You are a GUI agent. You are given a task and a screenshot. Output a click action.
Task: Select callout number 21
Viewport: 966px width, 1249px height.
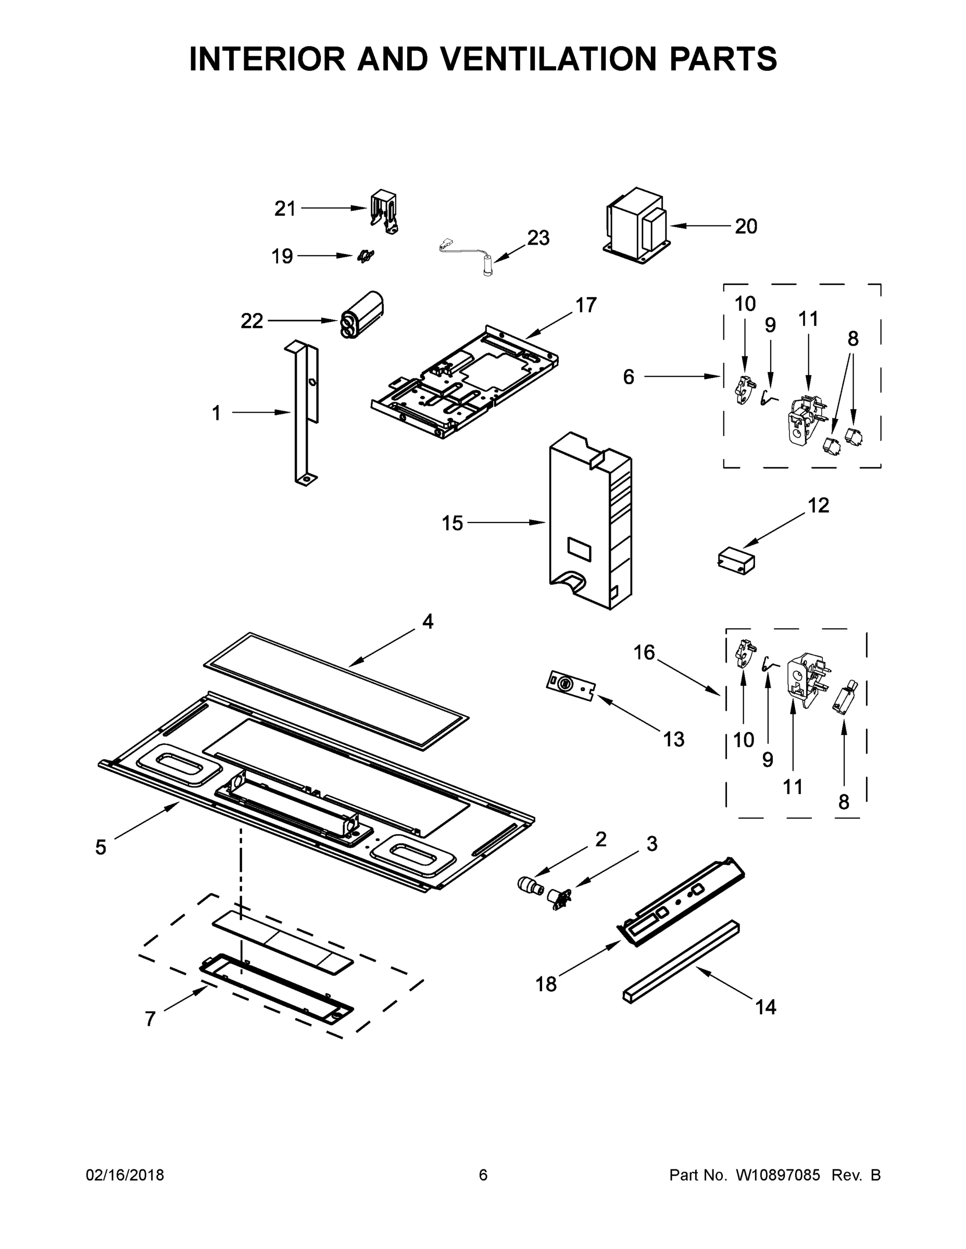pyautogui.click(x=284, y=209)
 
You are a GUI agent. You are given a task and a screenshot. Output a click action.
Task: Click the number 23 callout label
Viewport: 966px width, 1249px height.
pyautogui.click(x=538, y=237)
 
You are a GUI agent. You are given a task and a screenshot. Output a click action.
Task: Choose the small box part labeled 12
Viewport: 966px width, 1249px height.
pyautogui.click(x=736, y=559)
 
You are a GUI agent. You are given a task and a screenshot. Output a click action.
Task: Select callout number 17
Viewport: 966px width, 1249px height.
pyautogui.click(x=585, y=305)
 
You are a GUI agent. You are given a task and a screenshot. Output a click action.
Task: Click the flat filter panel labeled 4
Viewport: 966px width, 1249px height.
pyautogui.click(x=336, y=690)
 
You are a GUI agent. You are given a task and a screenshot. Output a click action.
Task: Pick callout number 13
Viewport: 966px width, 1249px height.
pyautogui.click(x=673, y=740)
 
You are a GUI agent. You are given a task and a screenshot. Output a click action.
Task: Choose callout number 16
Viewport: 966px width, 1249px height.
pyautogui.click(x=644, y=652)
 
